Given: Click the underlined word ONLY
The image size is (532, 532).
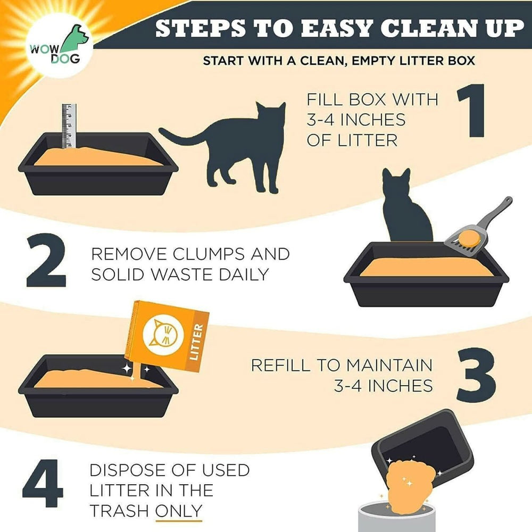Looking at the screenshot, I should (178, 511).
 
